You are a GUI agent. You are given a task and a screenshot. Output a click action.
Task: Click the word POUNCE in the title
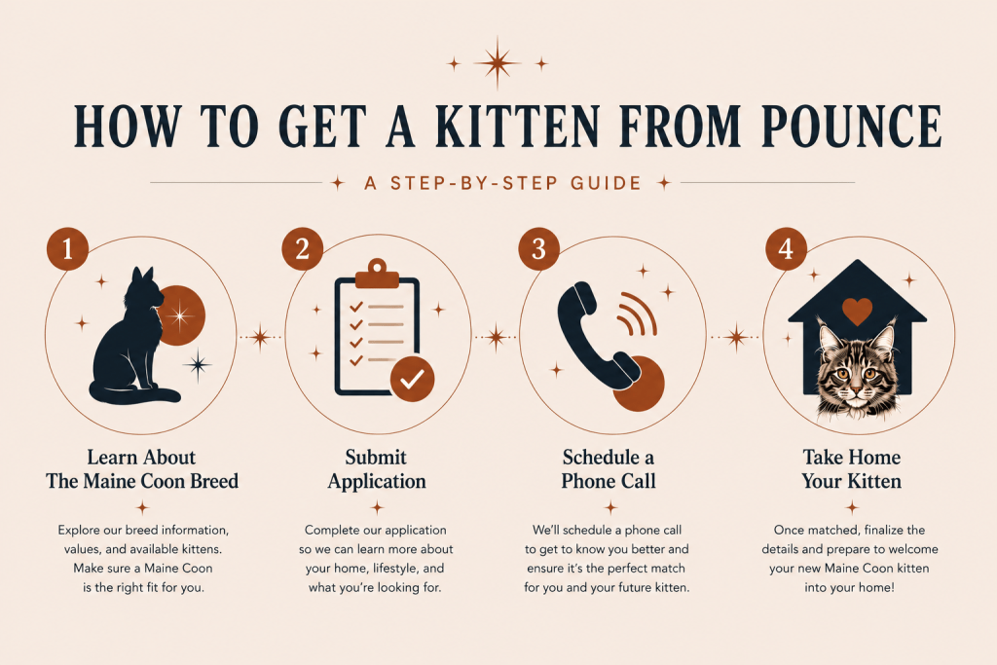tap(851, 126)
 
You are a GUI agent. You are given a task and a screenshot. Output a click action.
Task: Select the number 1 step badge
tap(67, 248)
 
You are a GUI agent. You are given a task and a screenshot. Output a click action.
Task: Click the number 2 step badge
tap(303, 248)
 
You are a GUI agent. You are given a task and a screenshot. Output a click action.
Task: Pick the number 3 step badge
tap(539, 248)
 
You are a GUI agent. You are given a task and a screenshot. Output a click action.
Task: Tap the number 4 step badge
tap(787, 248)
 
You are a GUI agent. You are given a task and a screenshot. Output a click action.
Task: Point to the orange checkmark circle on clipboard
tap(412, 379)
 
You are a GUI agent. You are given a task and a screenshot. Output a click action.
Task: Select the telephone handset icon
tap(597, 336)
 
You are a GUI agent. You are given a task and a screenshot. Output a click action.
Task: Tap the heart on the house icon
tap(857, 311)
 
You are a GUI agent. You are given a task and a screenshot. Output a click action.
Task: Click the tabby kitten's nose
tap(856, 388)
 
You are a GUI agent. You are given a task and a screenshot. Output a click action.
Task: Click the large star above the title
tap(498, 62)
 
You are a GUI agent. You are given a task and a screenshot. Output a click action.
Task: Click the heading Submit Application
tap(377, 469)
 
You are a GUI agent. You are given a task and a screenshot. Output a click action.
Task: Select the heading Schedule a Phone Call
tap(609, 469)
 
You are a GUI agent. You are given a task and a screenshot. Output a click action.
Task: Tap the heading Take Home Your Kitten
tap(851, 469)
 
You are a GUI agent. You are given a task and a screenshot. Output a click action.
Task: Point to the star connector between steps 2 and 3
tap(496, 337)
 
